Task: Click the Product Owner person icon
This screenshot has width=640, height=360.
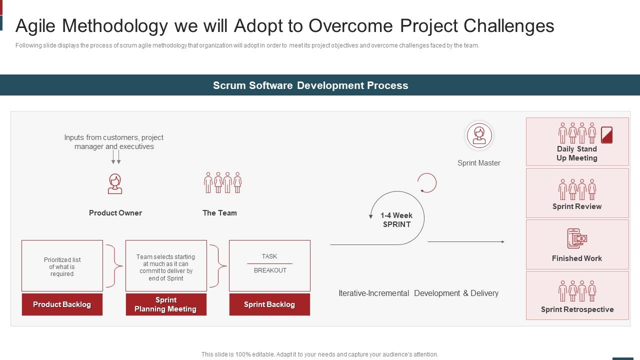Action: [115, 183]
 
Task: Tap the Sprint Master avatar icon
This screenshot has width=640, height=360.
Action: [479, 135]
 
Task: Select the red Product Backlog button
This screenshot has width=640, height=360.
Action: [62, 304]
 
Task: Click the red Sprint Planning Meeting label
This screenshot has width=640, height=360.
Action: [165, 304]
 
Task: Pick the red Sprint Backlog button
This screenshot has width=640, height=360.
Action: [269, 304]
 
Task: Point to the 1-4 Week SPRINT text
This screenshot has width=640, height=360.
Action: [396, 220]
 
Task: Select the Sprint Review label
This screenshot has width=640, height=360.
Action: [577, 206]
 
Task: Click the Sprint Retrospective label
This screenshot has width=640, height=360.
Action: [577, 309]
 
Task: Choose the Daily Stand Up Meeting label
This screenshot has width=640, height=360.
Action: [577, 153]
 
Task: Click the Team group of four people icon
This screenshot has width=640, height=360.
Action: [222, 183]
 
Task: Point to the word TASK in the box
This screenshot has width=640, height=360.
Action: [269, 256]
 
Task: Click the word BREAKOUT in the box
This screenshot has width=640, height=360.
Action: [270, 270]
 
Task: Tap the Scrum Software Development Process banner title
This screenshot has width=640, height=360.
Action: [310, 85]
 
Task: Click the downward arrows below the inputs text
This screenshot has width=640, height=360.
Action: [116, 157]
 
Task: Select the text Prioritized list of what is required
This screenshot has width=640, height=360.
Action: [62, 267]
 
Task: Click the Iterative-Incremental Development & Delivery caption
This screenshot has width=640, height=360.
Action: [418, 293]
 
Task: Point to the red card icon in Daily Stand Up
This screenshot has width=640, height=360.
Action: [606, 135]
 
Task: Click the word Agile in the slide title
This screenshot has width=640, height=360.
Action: [38, 26]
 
